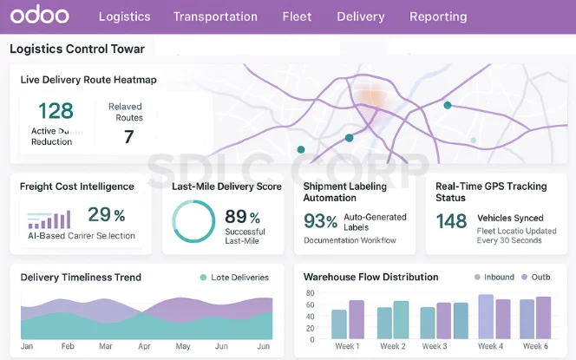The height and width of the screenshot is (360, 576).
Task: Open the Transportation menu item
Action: click(x=215, y=16)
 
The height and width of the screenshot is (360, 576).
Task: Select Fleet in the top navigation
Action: click(x=297, y=16)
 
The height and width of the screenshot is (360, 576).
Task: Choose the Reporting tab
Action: click(x=438, y=16)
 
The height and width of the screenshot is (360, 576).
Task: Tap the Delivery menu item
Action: click(x=360, y=16)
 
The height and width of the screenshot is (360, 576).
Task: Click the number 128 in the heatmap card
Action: click(x=56, y=111)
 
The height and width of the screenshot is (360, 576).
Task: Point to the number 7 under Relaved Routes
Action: click(x=128, y=136)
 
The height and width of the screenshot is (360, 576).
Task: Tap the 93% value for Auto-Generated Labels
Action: click(x=320, y=221)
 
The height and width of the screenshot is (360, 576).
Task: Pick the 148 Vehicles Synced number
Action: click(x=451, y=221)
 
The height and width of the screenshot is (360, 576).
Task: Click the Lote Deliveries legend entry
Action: click(x=233, y=278)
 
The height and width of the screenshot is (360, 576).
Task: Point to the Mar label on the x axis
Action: click(x=105, y=346)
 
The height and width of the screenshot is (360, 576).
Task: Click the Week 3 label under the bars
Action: click(x=434, y=346)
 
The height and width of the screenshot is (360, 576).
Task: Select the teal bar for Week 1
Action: click(x=339, y=324)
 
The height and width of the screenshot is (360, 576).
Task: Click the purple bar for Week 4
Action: click(x=501, y=320)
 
